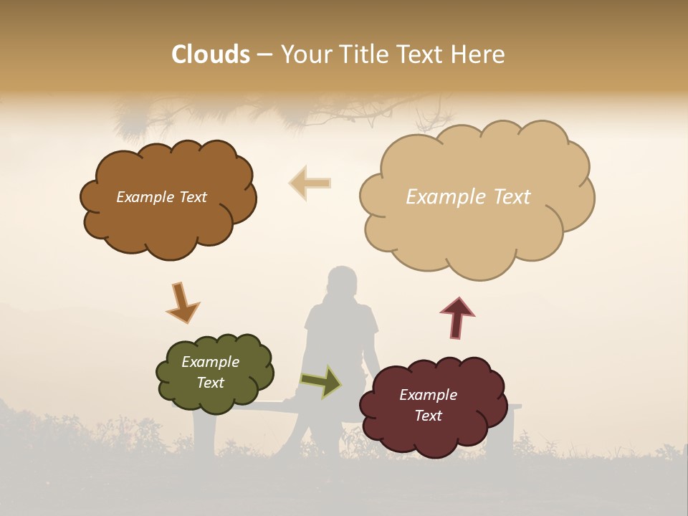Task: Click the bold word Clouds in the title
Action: click(x=210, y=54)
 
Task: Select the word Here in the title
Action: click(x=479, y=54)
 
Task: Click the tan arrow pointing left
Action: click(x=310, y=183)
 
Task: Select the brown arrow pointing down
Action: click(x=182, y=302)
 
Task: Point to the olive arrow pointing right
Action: click(x=322, y=381)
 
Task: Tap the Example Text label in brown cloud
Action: click(x=161, y=197)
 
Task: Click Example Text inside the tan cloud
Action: click(x=468, y=196)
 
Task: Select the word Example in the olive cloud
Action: click(x=210, y=362)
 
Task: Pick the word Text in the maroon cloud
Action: click(x=428, y=416)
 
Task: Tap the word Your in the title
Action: click(x=303, y=54)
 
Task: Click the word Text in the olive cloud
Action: click(x=210, y=383)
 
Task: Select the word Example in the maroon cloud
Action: click(x=428, y=395)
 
